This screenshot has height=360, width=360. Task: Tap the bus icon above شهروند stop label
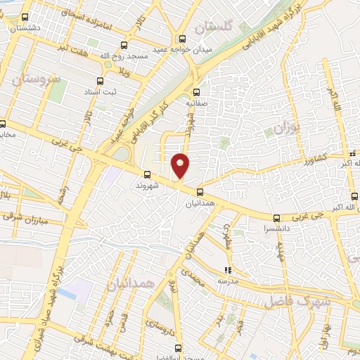pyautogui.click(x=147, y=174)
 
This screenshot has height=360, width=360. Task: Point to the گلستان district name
pyautogui.click(x=213, y=27)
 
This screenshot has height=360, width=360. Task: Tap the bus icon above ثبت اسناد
pyautogui.click(x=100, y=81)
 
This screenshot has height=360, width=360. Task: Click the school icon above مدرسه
pyautogui.click(x=227, y=269)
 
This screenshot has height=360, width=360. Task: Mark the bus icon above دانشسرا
pyautogui.click(x=276, y=218)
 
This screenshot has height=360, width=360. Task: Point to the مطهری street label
pyautogui.click(x=228, y=236)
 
